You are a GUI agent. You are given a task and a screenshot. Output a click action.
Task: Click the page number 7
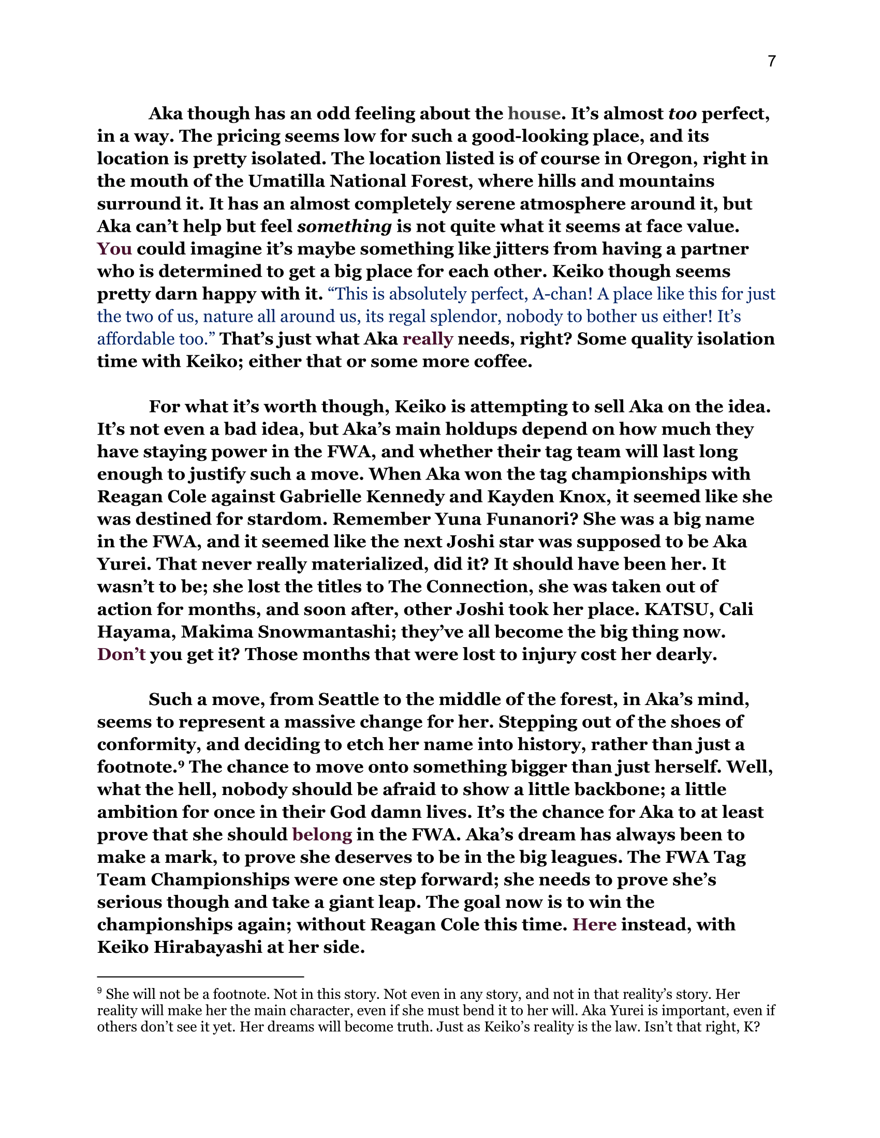(772, 62)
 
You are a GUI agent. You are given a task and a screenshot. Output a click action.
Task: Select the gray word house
(534, 113)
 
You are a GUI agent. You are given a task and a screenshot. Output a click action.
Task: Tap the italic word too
(682, 113)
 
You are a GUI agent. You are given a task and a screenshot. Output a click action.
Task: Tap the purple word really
(428, 339)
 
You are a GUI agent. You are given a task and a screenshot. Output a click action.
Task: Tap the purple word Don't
(122, 654)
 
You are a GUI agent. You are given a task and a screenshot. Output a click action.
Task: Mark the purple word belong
(322, 834)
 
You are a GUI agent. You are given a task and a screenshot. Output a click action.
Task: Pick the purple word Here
(594, 924)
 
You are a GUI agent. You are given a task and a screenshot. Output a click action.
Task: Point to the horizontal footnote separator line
(200, 976)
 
